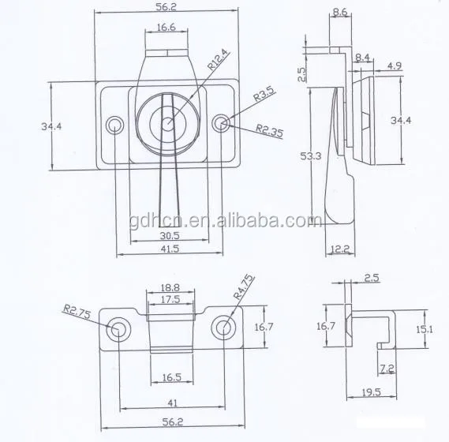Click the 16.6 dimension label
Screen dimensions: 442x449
(x=165, y=27)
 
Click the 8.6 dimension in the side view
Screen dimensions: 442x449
(x=341, y=13)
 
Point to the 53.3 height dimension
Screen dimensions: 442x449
(x=312, y=155)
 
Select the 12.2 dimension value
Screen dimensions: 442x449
(x=341, y=249)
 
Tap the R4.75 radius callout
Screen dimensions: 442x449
(x=245, y=286)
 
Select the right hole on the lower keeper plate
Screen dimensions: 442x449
(x=224, y=327)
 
